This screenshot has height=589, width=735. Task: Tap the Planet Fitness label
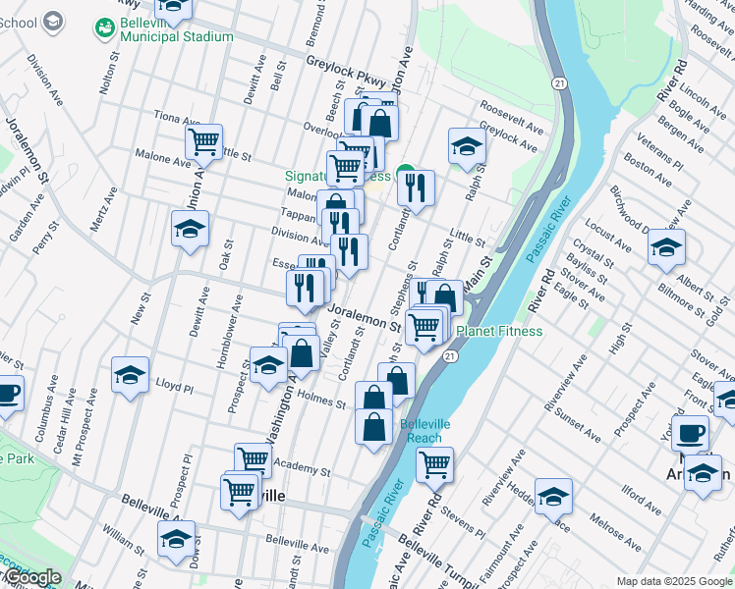point(498,331)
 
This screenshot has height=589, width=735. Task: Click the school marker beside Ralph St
point(467,146)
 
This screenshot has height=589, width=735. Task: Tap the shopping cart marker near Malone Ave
point(203,142)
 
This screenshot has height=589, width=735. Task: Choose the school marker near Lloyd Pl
point(130,374)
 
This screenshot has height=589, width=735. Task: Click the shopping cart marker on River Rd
point(434,464)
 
